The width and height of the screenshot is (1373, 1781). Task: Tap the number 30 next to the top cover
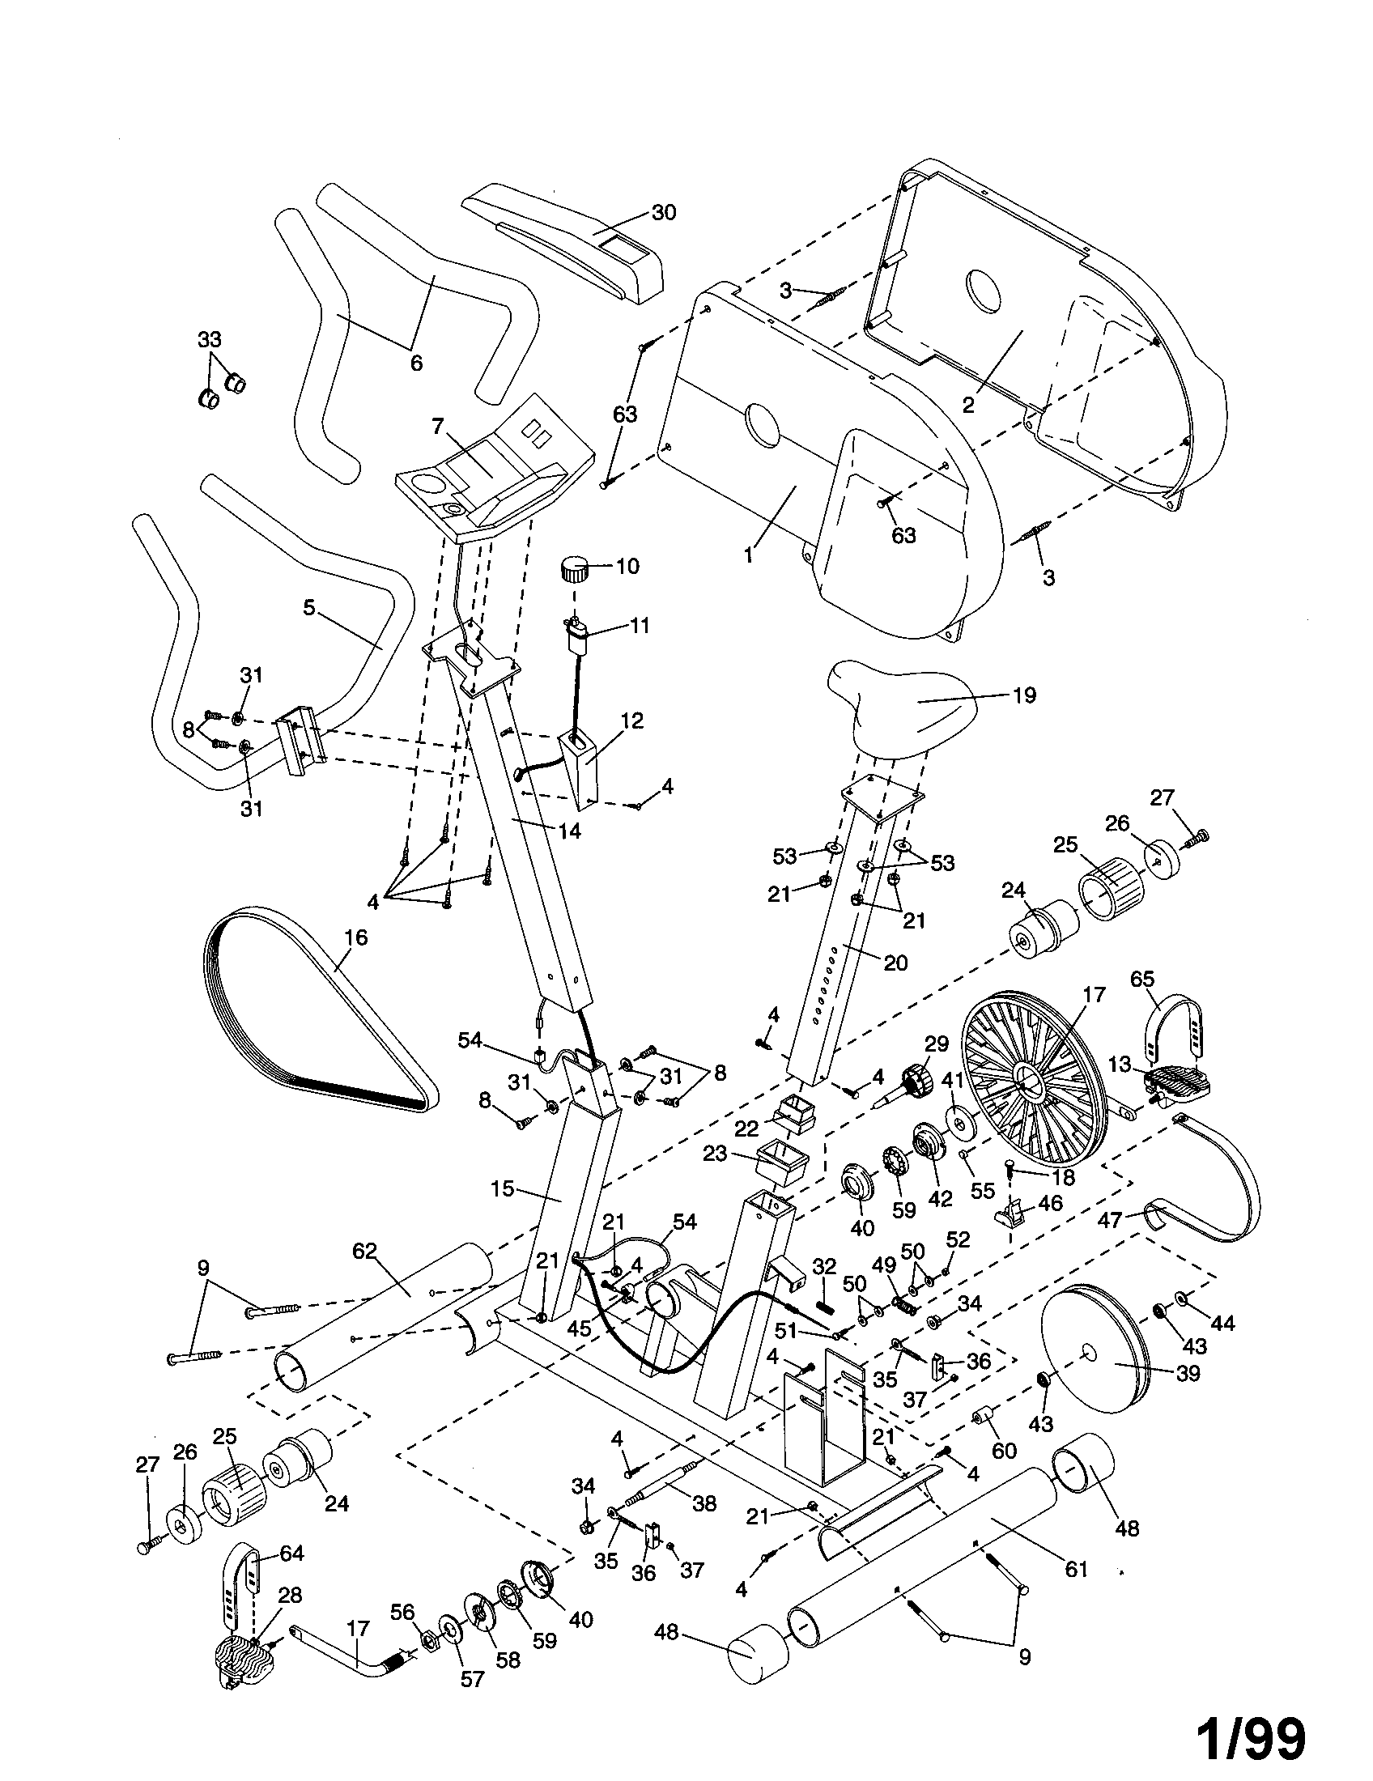664,213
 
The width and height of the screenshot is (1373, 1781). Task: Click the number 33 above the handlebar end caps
210,338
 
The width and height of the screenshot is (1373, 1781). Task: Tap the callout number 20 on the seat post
895,963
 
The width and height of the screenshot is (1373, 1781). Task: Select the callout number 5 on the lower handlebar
308,609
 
